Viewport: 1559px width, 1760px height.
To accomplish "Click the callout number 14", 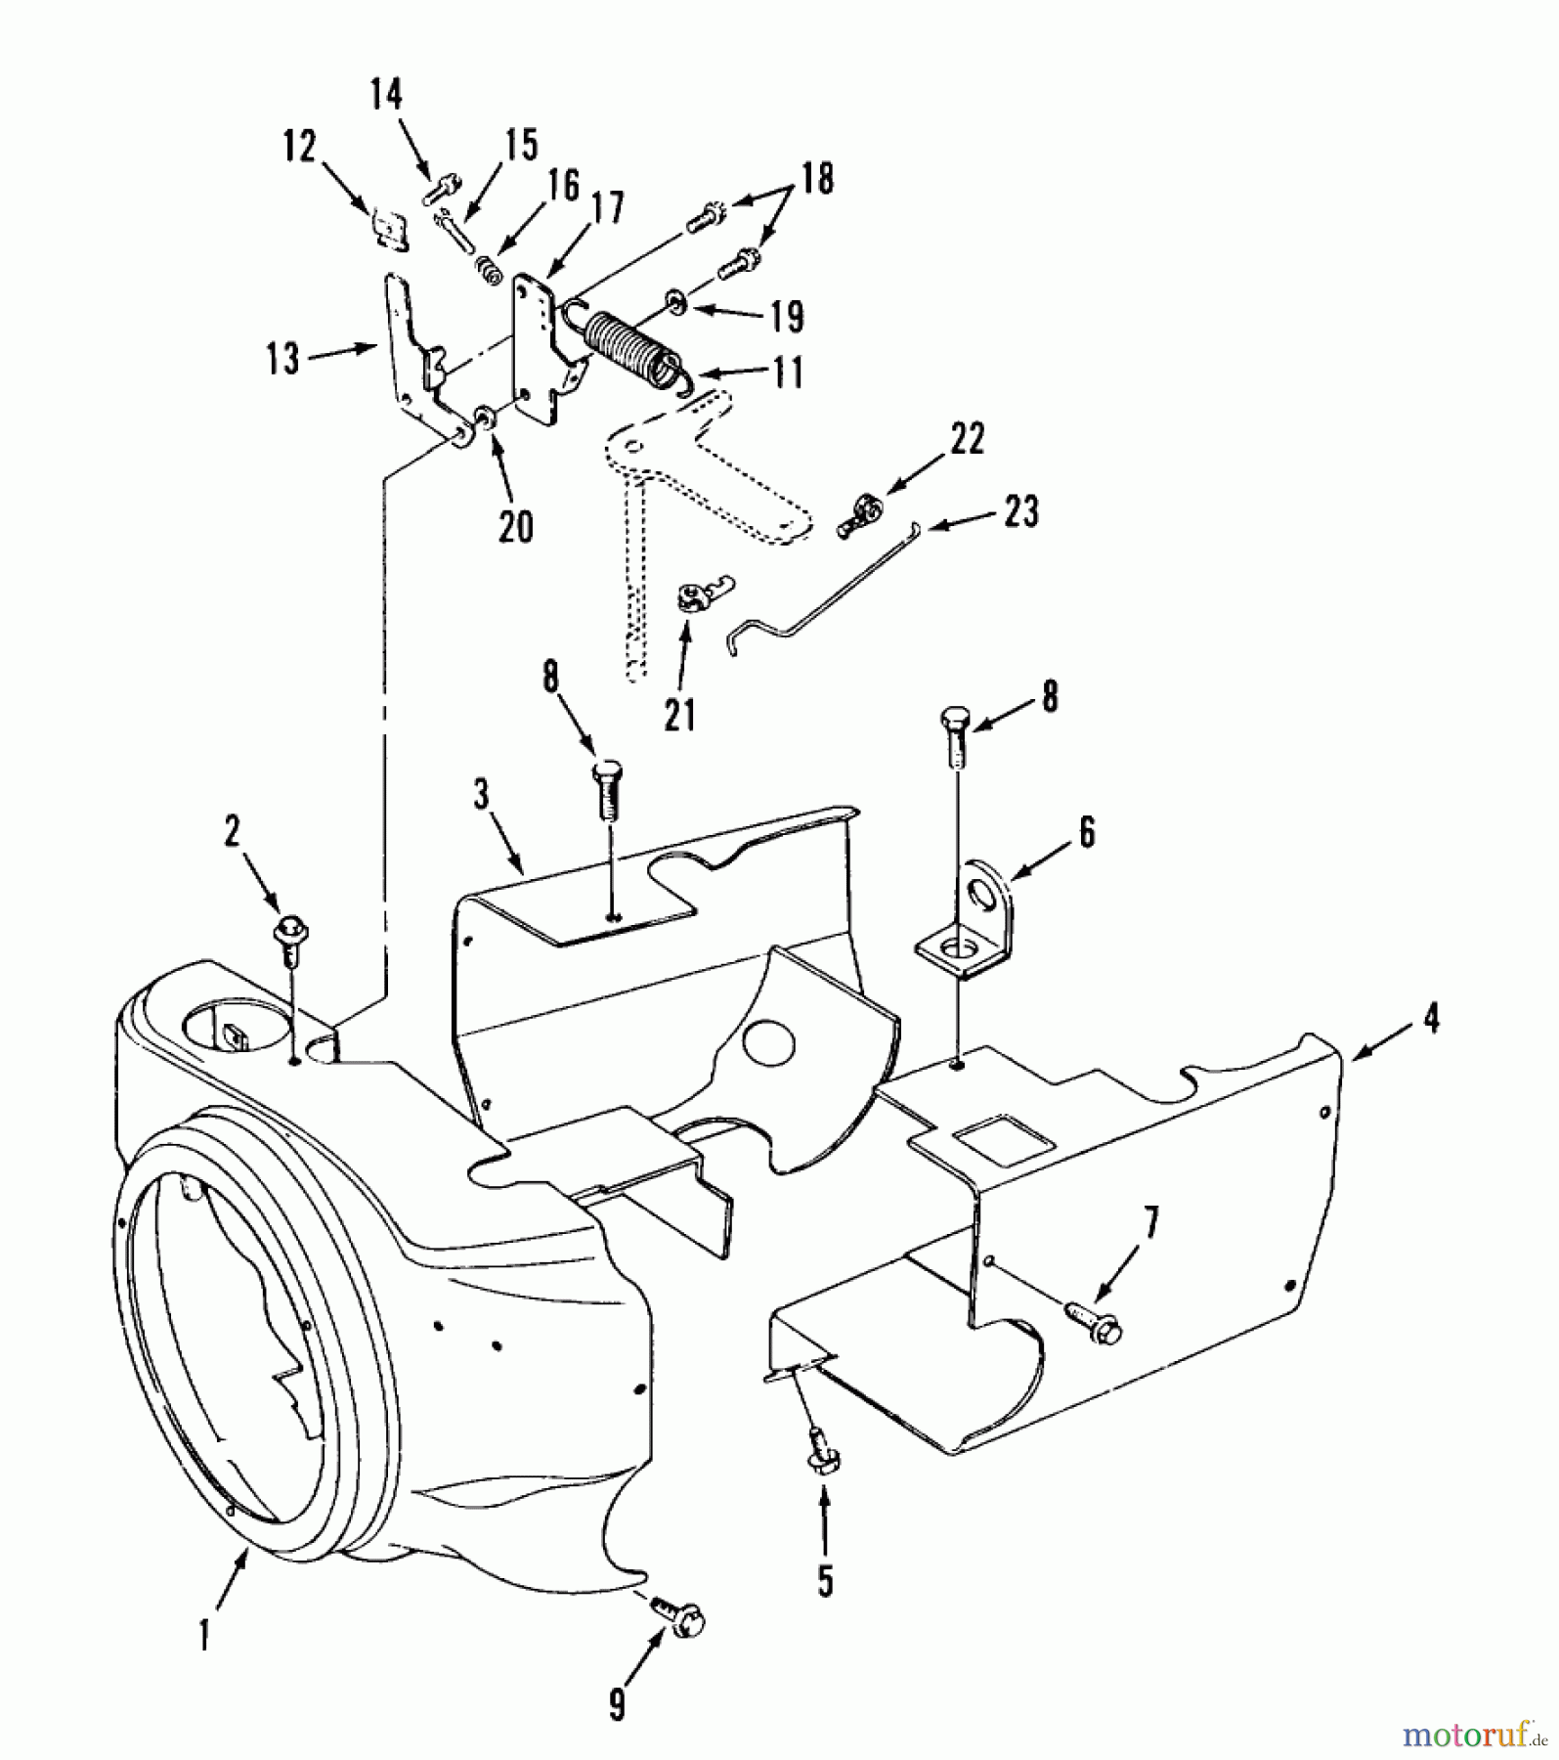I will tap(386, 95).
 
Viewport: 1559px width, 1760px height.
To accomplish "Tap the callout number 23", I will tap(1021, 510).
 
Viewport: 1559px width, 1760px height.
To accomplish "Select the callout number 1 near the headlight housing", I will tap(204, 1636).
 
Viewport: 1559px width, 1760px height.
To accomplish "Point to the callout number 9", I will tap(617, 1705).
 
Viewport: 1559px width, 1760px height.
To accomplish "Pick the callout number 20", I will tap(516, 527).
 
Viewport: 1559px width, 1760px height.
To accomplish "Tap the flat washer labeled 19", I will tap(675, 300).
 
